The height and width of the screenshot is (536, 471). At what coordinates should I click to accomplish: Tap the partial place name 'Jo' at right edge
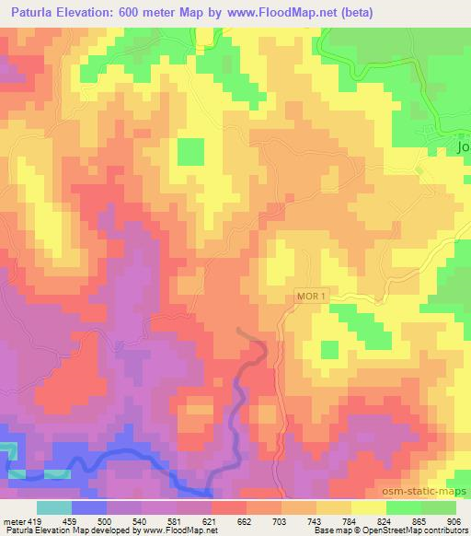463,146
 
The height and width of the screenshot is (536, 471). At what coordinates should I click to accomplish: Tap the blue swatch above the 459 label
89,507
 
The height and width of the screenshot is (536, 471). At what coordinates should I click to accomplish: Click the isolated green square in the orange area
190,151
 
